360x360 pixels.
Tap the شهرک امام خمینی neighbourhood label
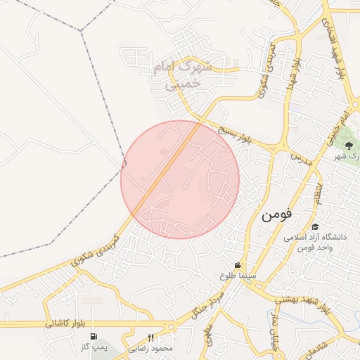(186, 75)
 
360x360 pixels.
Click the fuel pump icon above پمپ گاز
(94, 336)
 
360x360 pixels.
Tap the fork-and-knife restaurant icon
(150, 337)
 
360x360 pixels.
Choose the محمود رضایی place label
(150, 348)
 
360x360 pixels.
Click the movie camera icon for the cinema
(239, 265)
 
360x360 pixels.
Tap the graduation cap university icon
(314, 226)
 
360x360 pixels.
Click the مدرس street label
(300, 154)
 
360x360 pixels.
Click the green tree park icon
(349, 146)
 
